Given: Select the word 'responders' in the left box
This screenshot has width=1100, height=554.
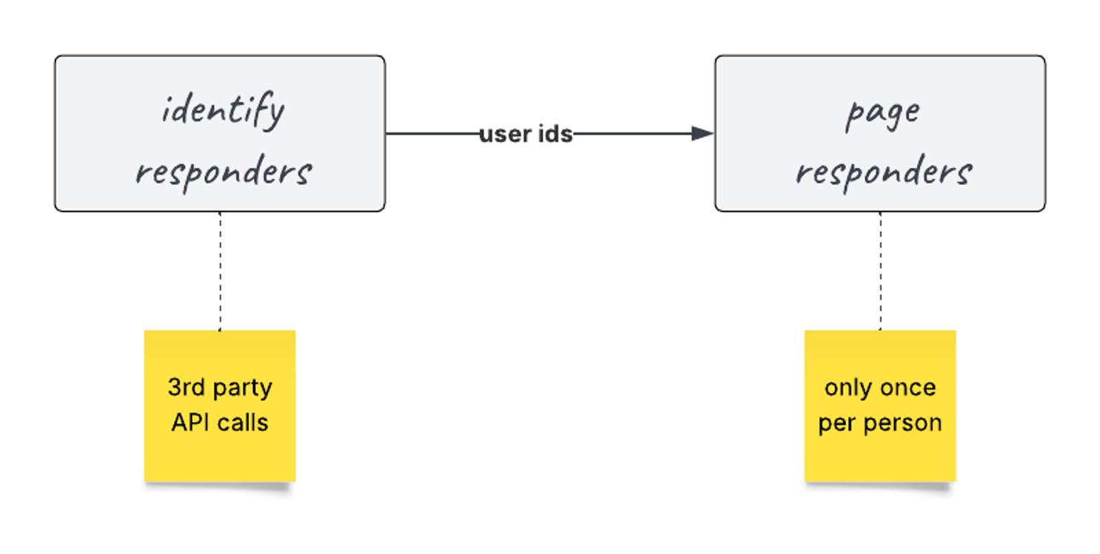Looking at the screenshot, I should [x=224, y=172].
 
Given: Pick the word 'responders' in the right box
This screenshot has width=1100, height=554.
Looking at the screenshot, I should [x=884, y=172].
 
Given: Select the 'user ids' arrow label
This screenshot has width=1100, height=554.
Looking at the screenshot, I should [x=526, y=134].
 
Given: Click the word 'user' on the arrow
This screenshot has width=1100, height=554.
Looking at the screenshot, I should [x=505, y=134].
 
